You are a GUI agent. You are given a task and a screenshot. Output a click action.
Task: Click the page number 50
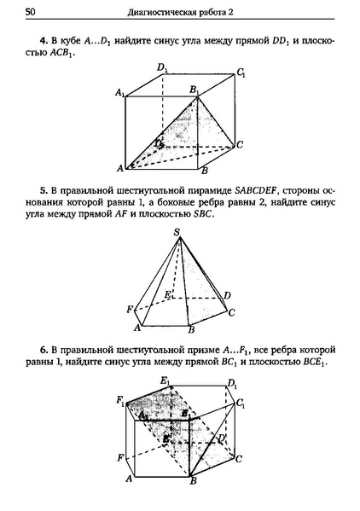pos(31,11)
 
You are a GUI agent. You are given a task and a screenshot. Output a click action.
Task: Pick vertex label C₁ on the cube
pos(242,73)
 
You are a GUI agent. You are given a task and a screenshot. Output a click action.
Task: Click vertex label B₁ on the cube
pos(195,88)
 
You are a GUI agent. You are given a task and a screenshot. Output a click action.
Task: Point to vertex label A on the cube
pos(120,166)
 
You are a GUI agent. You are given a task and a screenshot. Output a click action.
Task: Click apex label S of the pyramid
pos(177,232)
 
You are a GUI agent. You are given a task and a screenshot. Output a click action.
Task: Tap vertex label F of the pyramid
pos(130,308)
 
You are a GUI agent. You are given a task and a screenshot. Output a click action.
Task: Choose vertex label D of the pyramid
pos(226,295)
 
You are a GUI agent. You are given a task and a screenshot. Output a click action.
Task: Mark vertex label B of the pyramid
pos(192,329)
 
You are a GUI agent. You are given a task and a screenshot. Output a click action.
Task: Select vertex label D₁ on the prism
pos(233,384)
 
